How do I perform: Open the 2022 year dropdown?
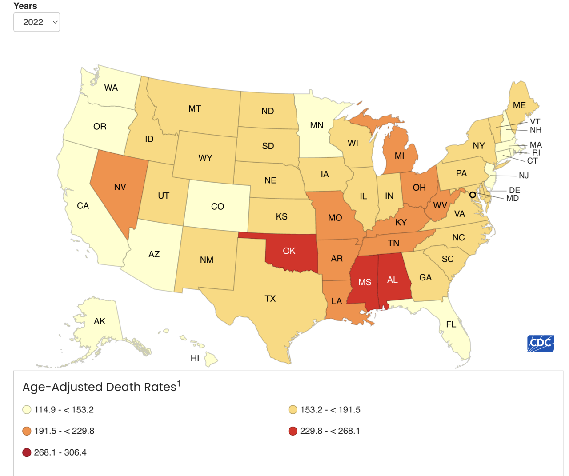tap(36, 22)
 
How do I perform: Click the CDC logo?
tap(541, 343)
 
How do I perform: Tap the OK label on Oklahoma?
tap(289, 251)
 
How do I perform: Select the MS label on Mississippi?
tap(365, 282)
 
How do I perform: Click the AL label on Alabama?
tap(392, 280)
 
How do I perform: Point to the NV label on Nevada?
tap(120, 187)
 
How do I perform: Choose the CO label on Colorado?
tap(217, 207)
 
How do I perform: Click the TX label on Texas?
tap(270, 299)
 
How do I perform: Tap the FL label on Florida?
tap(451, 324)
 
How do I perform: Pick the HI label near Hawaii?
tap(195, 358)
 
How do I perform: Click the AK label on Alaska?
tap(100, 321)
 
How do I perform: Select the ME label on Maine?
tap(519, 105)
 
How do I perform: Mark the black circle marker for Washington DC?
tap(473, 195)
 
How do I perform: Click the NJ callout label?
tap(524, 176)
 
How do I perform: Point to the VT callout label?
tap(535, 121)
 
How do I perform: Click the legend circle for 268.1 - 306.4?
tap(27, 452)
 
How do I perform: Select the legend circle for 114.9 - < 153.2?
tap(27, 410)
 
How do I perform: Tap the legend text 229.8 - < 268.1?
tap(330, 431)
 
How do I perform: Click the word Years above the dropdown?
tap(25, 6)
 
